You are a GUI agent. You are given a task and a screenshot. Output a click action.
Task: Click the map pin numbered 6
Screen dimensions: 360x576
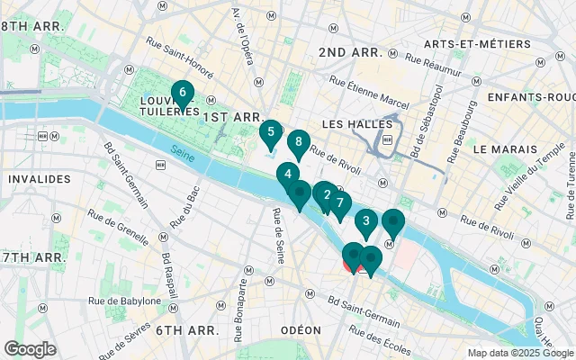[183, 93]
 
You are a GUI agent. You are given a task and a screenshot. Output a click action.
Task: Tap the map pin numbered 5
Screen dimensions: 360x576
[268, 132]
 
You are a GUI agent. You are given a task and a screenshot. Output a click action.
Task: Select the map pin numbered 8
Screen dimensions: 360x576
[298, 142]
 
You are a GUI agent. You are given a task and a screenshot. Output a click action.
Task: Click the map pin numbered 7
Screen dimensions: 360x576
[339, 203]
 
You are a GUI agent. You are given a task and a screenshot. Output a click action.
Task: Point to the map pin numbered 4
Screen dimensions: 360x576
[287, 175]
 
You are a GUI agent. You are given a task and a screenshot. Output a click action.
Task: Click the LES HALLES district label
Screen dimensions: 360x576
[357, 123]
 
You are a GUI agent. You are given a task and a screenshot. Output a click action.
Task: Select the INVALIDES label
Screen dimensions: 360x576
[39, 179]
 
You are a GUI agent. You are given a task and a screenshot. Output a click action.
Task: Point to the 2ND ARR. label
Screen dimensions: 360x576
[351, 52]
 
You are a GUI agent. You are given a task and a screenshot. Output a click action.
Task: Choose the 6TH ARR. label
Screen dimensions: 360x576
[186, 330]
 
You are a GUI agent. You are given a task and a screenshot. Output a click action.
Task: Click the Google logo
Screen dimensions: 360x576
[30, 349]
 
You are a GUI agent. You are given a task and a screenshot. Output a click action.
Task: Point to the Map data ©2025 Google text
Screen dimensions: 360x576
[520, 353]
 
